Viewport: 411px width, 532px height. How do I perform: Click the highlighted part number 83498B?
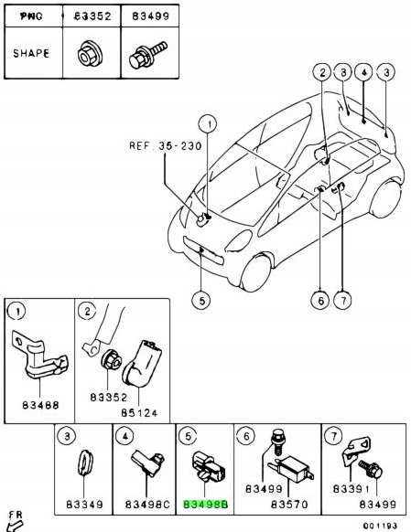click(205, 503)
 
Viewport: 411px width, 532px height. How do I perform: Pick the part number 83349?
click(87, 504)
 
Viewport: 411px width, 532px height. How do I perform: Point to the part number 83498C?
click(148, 504)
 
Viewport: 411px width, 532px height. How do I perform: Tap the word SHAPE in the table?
click(31, 52)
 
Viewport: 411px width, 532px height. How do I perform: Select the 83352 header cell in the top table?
click(91, 16)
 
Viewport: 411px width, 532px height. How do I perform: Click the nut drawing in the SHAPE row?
click(91, 52)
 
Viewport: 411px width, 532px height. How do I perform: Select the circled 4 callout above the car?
click(362, 71)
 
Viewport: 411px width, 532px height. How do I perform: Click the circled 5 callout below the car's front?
click(200, 296)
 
